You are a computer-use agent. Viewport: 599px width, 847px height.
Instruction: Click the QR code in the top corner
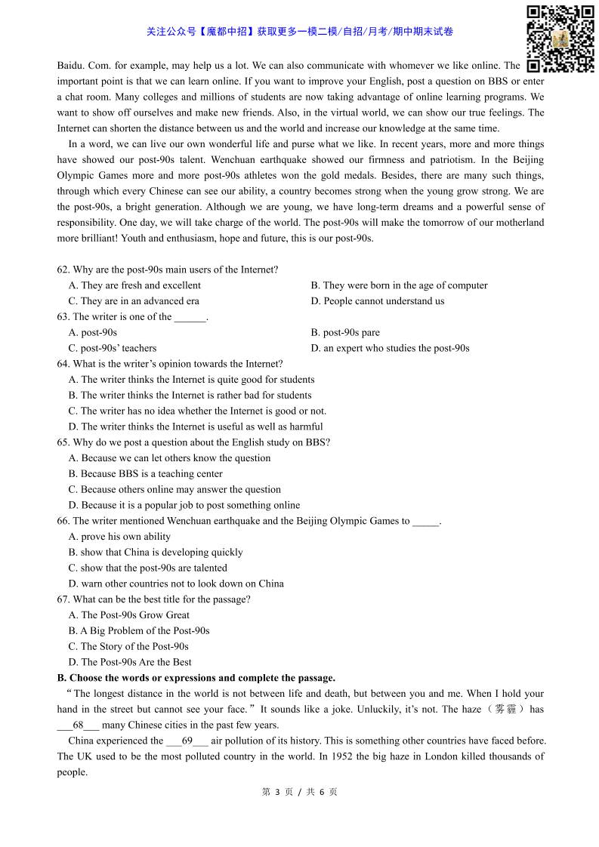(x=560, y=38)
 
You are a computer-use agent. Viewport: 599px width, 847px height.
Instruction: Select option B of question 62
(x=399, y=285)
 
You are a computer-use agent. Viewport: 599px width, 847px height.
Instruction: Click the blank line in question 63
(x=190, y=317)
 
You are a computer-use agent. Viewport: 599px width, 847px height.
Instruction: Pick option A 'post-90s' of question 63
(x=93, y=333)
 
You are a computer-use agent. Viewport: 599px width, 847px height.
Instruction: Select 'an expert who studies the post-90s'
(x=390, y=348)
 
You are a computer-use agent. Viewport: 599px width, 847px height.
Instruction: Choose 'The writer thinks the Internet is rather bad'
(x=190, y=396)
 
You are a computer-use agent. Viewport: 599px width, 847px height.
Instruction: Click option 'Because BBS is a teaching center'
(x=145, y=474)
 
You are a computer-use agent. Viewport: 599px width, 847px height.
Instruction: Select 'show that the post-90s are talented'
(x=147, y=568)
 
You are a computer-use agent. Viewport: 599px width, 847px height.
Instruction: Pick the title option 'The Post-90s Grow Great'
(x=128, y=615)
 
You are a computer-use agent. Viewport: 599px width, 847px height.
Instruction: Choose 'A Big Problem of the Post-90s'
(x=139, y=631)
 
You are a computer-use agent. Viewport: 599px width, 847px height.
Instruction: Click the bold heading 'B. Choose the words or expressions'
(x=196, y=678)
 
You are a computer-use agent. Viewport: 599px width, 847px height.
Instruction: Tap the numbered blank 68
(x=78, y=725)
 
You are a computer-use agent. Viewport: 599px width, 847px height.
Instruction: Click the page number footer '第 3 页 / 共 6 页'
(x=299, y=792)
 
